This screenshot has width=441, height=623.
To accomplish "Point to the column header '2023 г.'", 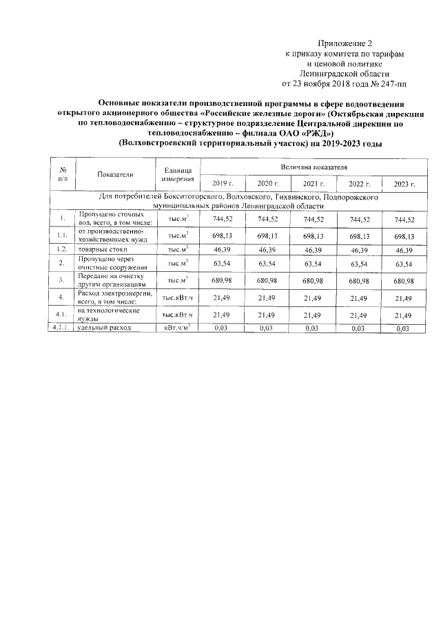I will [404, 184].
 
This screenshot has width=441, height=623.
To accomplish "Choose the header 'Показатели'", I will [115, 176].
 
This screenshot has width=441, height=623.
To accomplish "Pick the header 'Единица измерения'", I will [178, 176].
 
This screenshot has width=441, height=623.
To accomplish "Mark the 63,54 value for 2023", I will [404, 263].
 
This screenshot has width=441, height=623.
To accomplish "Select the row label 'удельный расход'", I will [103, 329].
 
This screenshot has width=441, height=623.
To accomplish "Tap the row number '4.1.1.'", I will [62, 329].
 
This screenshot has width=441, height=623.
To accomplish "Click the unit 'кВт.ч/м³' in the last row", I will [176, 329].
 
